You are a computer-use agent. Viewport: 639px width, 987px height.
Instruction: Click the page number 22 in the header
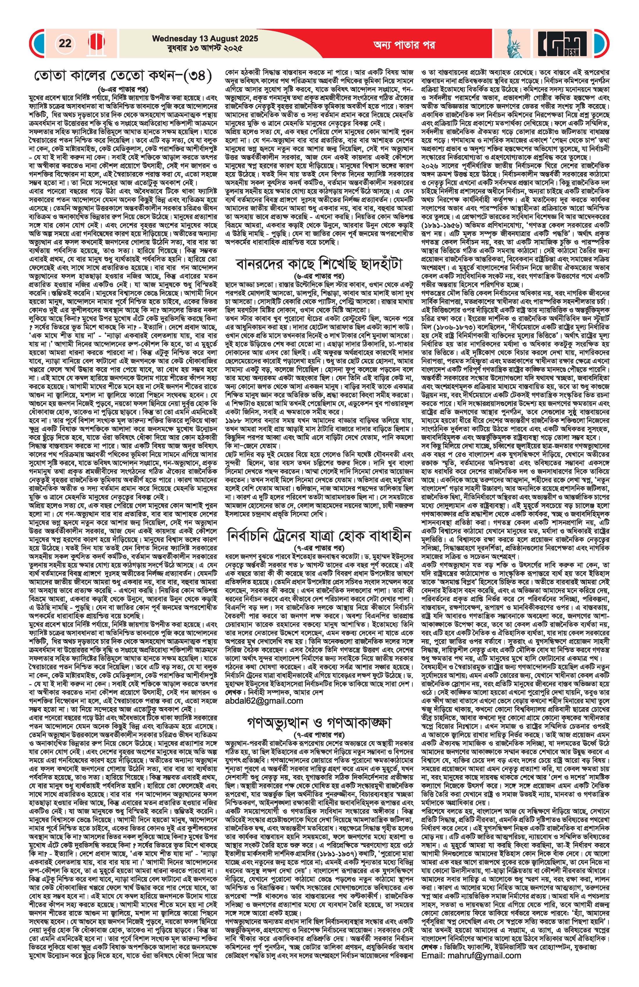[65, 43]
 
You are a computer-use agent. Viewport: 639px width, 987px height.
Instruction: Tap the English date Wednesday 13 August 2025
[205, 39]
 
